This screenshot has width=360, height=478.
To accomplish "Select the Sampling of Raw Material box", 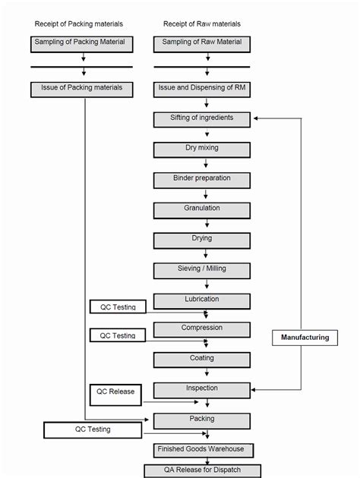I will (x=201, y=43).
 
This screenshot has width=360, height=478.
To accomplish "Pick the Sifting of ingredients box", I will (x=201, y=119).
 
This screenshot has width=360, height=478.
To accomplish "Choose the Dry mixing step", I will (x=201, y=149).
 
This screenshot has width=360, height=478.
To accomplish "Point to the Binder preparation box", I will (x=201, y=180).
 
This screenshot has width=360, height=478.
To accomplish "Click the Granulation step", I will (x=201, y=209).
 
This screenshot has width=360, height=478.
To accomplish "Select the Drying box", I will (x=201, y=240).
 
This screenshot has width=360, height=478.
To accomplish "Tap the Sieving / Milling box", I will (x=201, y=270).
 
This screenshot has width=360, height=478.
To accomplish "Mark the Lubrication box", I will (x=201, y=300).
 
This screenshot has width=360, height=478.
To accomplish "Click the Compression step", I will (x=201, y=329).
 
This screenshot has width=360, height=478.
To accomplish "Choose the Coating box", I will (x=201, y=360).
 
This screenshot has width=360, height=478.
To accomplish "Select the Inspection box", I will (x=201, y=390).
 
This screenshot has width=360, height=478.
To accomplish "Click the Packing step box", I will (x=201, y=420).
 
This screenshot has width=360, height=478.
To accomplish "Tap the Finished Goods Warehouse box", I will (x=201, y=449).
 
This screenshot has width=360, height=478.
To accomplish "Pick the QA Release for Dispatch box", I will (x=201, y=470).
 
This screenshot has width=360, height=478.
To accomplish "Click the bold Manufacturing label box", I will (x=305, y=338).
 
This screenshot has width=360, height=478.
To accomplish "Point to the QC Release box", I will (x=115, y=393).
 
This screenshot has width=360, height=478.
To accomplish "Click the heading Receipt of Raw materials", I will (x=201, y=23).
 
